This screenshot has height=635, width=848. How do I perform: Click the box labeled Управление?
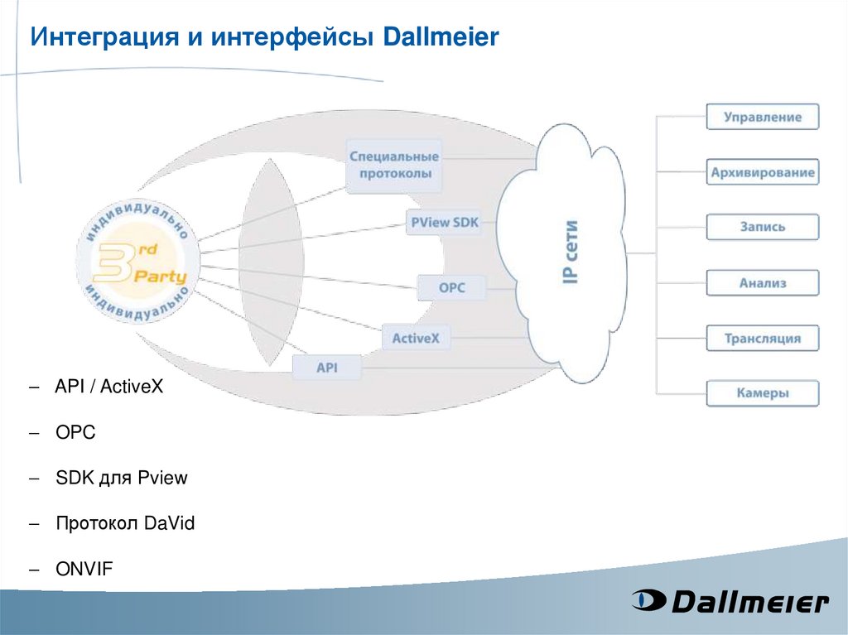[x=762, y=117]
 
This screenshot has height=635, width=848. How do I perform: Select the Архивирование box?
[x=762, y=173]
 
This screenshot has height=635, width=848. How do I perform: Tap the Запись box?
[x=762, y=227]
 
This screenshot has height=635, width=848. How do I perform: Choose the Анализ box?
[x=762, y=283]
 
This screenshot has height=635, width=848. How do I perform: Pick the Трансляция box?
[x=762, y=338]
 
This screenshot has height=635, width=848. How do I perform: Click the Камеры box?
[x=762, y=393]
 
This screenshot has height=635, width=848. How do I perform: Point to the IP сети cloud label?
[x=571, y=253]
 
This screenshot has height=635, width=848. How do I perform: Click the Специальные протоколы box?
[x=393, y=166]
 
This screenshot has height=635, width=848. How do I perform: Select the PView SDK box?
[x=445, y=222]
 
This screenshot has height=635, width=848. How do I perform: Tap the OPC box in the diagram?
[x=451, y=288]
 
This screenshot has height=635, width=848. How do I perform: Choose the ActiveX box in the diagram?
[x=416, y=338]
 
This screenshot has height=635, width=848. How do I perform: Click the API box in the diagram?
[x=327, y=368]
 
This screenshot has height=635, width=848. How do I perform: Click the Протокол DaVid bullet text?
[x=125, y=523]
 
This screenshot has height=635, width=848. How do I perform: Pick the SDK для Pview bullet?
[x=122, y=478]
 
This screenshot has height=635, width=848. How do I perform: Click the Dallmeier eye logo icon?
[x=648, y=599]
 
